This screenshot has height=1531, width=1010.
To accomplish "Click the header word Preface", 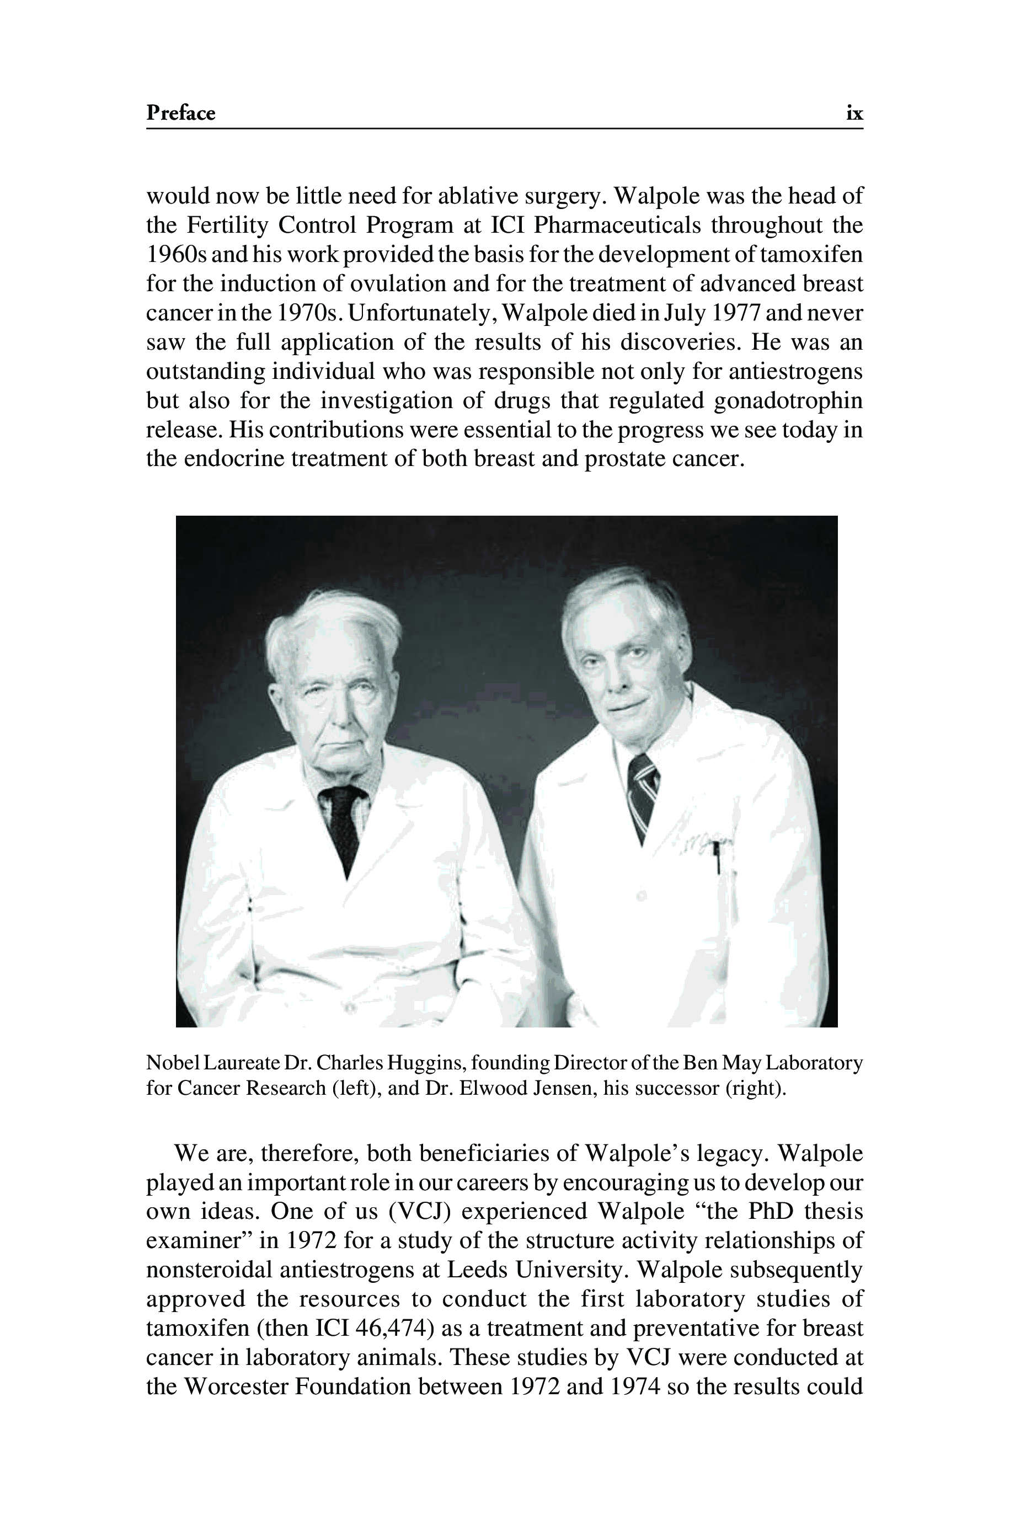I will pyautogui.click(x=180, y=113).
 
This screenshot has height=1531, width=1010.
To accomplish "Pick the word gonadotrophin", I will pyautogui.click(x=788, y=400).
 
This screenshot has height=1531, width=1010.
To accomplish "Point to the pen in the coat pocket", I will pyautogui.click(x=717, y=859).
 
